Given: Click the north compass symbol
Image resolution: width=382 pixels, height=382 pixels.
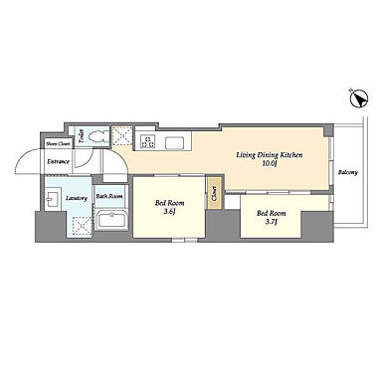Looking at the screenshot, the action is point(359,98).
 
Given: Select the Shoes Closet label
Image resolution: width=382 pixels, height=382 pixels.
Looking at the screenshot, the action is point(58,144).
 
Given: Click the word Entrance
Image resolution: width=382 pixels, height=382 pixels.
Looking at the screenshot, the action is point(58,162).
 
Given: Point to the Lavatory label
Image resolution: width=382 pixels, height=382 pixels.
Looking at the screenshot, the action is point(77,198).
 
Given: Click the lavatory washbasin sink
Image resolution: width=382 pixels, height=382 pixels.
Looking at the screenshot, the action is point(52,199).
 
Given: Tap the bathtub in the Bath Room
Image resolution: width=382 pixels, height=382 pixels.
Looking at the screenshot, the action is point(112,219).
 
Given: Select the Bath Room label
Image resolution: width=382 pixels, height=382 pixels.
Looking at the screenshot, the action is point(109,196).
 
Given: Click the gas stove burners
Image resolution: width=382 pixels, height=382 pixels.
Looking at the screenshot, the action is point(147,141).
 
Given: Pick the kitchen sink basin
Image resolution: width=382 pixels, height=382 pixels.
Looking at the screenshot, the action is point(175,142).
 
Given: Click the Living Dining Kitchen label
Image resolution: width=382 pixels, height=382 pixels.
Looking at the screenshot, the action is point(269,155).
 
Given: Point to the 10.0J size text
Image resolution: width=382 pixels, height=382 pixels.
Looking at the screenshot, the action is point(269,163).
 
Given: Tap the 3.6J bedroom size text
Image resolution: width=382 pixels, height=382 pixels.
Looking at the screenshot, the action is point(169,212).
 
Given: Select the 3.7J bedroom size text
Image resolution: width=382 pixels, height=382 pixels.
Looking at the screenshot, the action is point(271,222).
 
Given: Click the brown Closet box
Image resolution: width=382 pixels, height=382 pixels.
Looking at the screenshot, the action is point(214,194).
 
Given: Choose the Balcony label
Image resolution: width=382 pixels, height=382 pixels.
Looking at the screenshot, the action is point(348,173).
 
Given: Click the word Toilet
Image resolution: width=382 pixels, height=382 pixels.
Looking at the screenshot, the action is point(82,136).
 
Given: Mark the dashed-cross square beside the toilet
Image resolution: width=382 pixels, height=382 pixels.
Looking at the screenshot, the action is point(122,136).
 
